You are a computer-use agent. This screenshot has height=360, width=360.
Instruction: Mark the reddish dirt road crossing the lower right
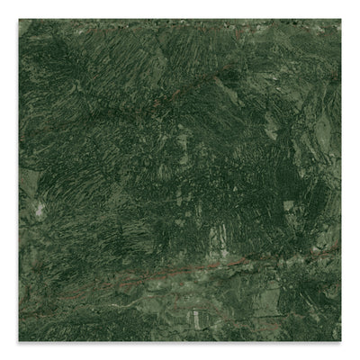(x=270, y=261)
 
